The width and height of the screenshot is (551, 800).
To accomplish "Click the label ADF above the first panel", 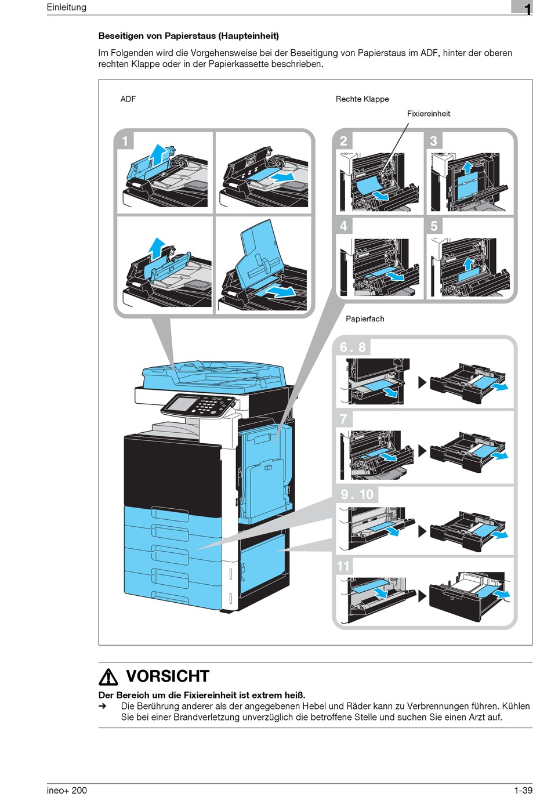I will [128, 99].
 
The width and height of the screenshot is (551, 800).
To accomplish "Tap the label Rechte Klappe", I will [362, 99].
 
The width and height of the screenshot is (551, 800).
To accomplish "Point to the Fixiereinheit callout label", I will [428, 114].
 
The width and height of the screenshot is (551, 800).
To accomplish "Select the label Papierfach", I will [365, 318].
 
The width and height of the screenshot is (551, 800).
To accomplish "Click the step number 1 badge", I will [125, 141].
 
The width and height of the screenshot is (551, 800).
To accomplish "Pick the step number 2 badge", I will [343, 141].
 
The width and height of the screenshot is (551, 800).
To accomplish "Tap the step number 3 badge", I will [433, 141].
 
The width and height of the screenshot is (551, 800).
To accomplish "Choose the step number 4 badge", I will [343, 226].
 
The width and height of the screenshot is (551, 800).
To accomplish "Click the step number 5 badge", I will [434, 226].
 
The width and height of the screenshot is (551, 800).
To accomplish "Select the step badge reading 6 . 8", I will [353, 347].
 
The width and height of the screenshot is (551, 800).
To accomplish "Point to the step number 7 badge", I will [343, 419].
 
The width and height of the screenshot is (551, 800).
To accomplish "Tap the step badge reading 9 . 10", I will [357, 494].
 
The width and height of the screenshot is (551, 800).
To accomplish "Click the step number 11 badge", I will [343, 566].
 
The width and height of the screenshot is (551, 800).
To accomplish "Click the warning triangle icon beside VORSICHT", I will [108, 676].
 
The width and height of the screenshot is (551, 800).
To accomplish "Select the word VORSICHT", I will [167, 676].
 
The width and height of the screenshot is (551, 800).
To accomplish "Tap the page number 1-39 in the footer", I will [523, 790].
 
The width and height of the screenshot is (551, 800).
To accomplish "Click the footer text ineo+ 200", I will [67, 790].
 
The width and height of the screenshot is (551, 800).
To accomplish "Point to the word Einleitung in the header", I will [67, 7].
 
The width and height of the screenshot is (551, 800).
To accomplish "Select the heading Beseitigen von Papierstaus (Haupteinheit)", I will [188, 36].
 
